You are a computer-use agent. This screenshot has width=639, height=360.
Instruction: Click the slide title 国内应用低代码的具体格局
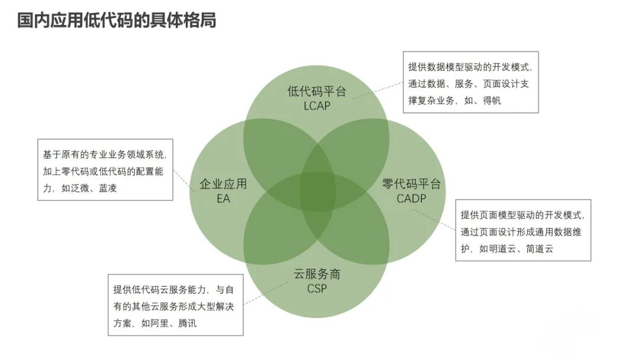pos(117,21)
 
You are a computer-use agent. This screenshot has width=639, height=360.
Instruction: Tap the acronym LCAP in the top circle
pos(317,106)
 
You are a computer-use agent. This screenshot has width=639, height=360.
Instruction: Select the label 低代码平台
pos(317,92)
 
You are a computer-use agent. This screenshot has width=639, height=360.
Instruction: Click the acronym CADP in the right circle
pos(411,198)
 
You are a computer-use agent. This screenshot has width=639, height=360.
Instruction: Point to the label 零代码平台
pos(411,184)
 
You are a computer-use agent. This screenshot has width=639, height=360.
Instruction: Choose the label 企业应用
pos(223,184)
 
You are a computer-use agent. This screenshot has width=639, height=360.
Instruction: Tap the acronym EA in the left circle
pos(223,198)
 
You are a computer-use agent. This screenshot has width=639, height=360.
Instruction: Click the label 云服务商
pos(317,275)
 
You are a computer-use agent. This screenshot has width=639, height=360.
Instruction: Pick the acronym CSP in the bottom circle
pos(317,289)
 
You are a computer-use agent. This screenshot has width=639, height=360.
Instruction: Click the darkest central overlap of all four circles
pos(317,191)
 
